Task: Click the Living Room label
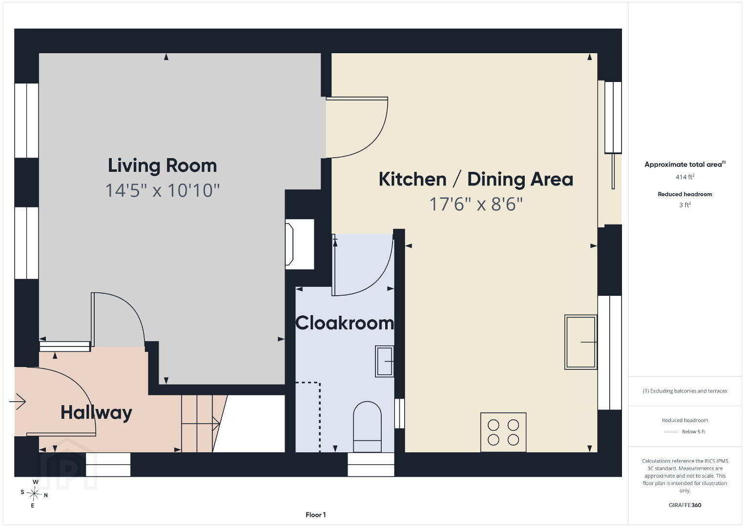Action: click(162, 165)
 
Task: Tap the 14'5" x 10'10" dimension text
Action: click(162, 190)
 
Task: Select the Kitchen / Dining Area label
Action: click(476, 180)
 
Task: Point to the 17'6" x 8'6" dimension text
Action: click(476, 204)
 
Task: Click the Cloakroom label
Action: click(345, 323)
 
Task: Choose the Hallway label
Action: click(97, 413)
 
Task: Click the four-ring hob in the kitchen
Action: click(503, 432)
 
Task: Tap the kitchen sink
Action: click(580, 342)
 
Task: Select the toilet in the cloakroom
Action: click(367, 427)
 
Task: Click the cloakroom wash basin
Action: click(385, 361)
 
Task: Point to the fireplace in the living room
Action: click(299, 244)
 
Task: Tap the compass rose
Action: click(34, 494)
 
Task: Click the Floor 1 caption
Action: click(316, 515)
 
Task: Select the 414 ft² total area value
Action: click(685, 177)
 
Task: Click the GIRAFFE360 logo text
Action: click(685, 505)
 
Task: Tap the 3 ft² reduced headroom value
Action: click(685, 205)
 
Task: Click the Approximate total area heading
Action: click(685, 164)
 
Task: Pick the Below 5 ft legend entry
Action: click(693, 431)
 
